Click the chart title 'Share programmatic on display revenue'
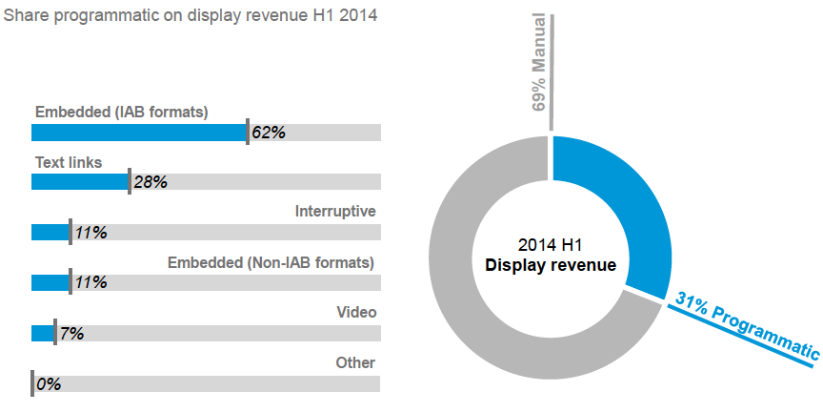(x=191, y=17)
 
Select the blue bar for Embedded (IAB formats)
(x=138, y=133)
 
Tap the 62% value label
(x=269, y=133)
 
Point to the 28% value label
(x=151, y=182)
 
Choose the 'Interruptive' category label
(x=335, y=212)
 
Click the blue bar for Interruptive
(x=50, y=233)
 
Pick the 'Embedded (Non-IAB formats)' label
(x=271, y=262)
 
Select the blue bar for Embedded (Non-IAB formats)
(x=50, y=283)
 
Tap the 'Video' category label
(x=357, y=313)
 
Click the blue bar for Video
(x=42, y=334)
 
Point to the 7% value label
(x=72, y=334)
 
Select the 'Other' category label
(x=355, y=363)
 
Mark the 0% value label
(x=49, y=384)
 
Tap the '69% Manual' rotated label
(x=539, y=62)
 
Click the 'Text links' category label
(x=69, y=162)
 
